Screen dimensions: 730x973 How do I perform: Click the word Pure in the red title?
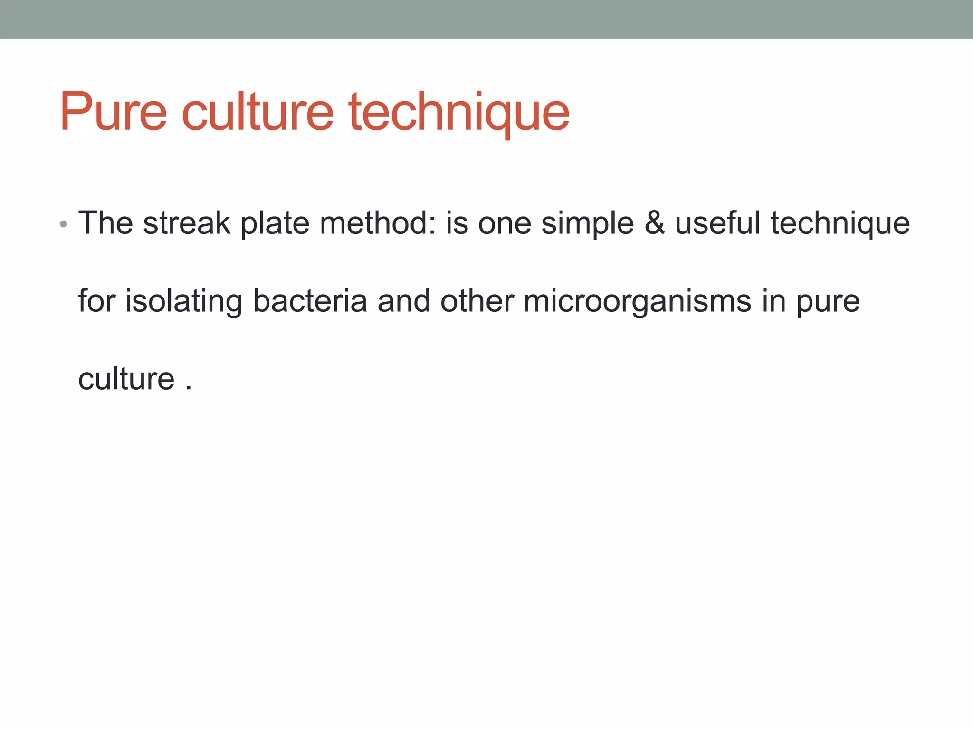tap(113, 112)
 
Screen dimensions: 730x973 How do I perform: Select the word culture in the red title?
tap(258, 112)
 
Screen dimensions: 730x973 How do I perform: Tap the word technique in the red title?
tap(459, 114)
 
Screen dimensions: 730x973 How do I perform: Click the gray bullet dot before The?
tap(64, 224)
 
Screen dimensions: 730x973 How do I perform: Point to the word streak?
tap(186, 223)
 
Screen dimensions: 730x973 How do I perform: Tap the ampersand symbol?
tap(655, 223)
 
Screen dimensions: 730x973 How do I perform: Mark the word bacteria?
tap(310, 301)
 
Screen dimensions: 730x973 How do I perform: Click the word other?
tap(477, 301)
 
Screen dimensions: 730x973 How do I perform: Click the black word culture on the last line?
tap(126, 379)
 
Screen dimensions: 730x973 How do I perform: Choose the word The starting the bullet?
tap(105, 223)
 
